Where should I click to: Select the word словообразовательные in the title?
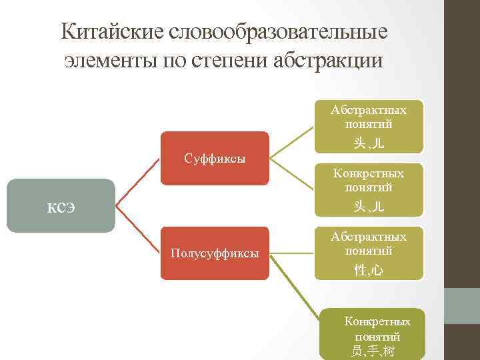pos(281,32)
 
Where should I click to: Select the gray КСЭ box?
pos(61,205)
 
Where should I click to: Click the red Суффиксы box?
pos(214,159)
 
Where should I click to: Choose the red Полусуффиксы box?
pos(214,253)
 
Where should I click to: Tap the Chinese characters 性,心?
pos(369,269)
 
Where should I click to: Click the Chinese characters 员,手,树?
pos(373,350)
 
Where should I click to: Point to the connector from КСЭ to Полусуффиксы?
pos(138,230)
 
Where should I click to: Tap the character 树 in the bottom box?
pos(389,350)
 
